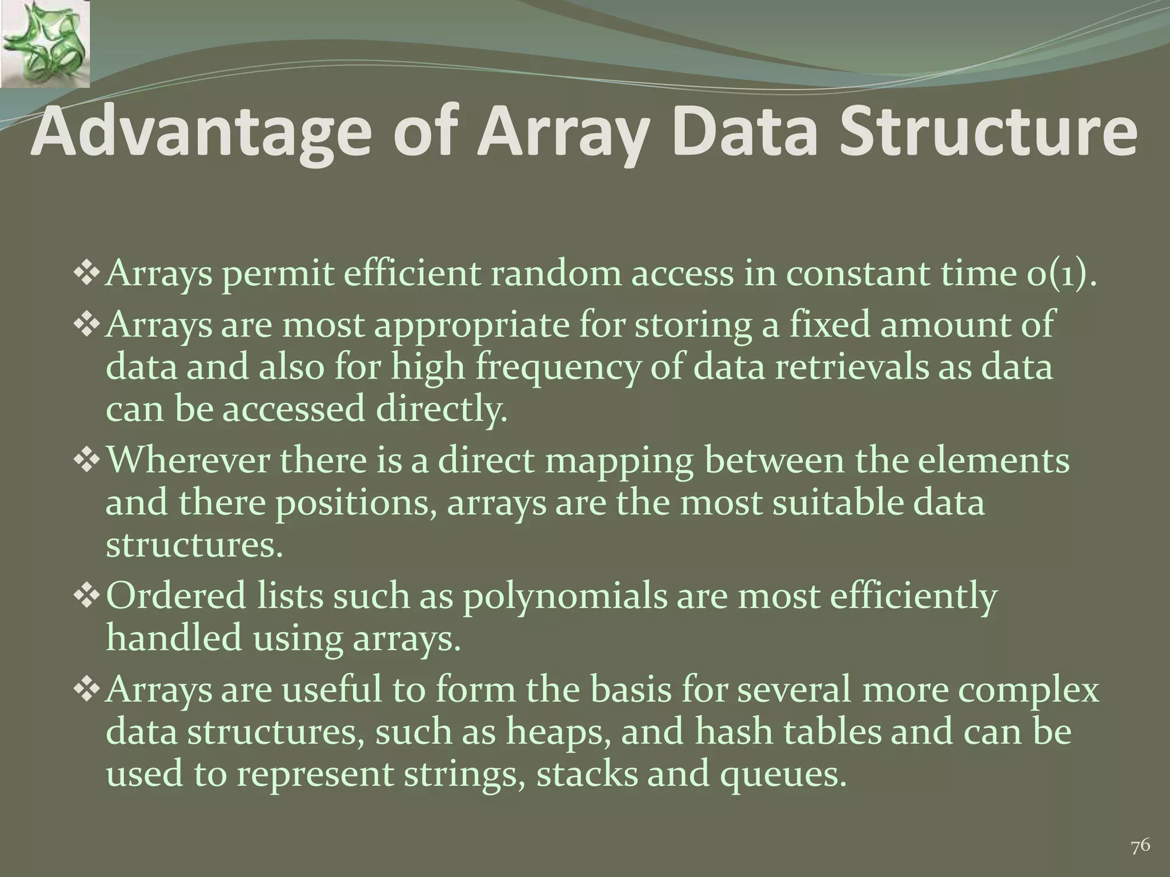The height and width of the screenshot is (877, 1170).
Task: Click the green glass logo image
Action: [x=45, y=43]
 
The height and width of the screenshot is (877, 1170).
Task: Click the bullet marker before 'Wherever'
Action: [x=87, y=460]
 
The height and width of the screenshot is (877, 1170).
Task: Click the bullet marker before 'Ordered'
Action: [x=87, y=596]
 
